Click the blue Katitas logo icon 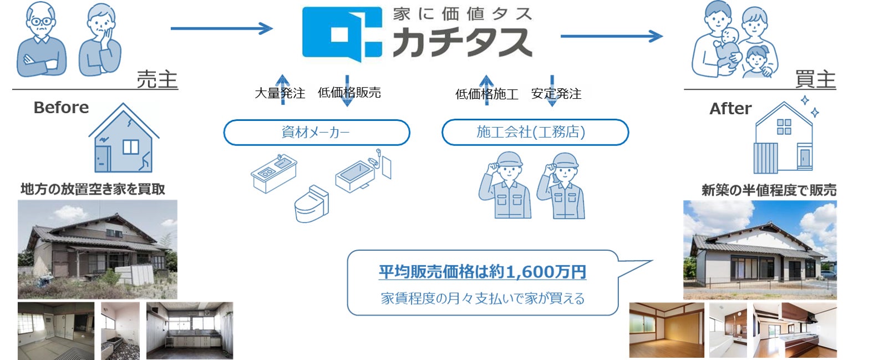point(342,33)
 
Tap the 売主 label point(157,79)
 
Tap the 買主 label point(815,79)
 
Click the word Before point(61,108)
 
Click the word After point(730,109)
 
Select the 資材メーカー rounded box point(316,133)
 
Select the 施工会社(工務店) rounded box point(535,133)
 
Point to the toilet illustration point(311,204)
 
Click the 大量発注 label point(280,93)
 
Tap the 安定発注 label point(556,94)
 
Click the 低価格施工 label point(486,94)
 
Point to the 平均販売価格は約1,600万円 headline point(482,272)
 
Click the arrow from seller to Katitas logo point(221,28)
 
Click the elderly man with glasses point(41,42)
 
